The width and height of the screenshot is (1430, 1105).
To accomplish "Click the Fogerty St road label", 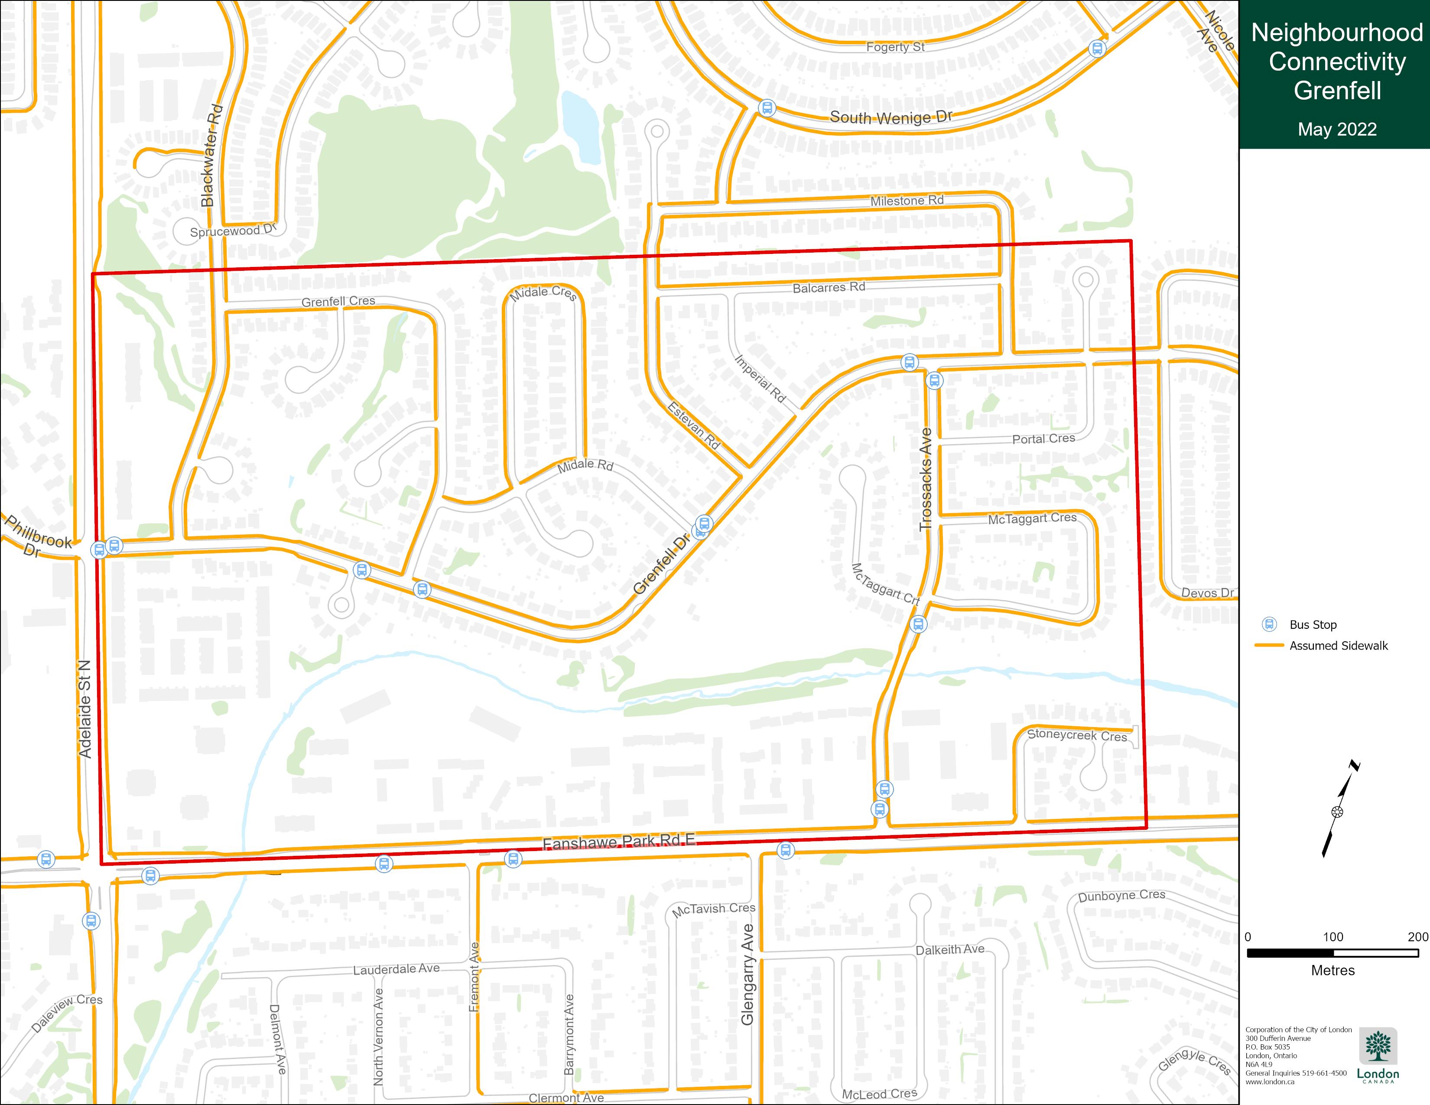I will (895, 47).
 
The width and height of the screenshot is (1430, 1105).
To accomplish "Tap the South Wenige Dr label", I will (890, 118).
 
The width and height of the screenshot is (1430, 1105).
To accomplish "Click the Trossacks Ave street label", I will (925, 479).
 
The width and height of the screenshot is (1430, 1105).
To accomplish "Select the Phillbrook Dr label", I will (36, 537).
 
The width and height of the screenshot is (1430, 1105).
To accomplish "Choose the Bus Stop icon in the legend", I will (1270, 624).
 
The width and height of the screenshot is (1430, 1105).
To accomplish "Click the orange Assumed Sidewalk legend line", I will (1269, 646).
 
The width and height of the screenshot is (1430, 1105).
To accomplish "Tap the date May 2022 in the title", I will (1337, 129).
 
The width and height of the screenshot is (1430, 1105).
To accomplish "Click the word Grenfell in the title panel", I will (1337, 90).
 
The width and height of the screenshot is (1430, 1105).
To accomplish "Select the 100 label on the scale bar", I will (1332, 937).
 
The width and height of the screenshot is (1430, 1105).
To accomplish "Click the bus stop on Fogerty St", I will (1097, 49).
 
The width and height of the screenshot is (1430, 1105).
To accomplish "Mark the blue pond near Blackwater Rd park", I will (581, 128).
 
